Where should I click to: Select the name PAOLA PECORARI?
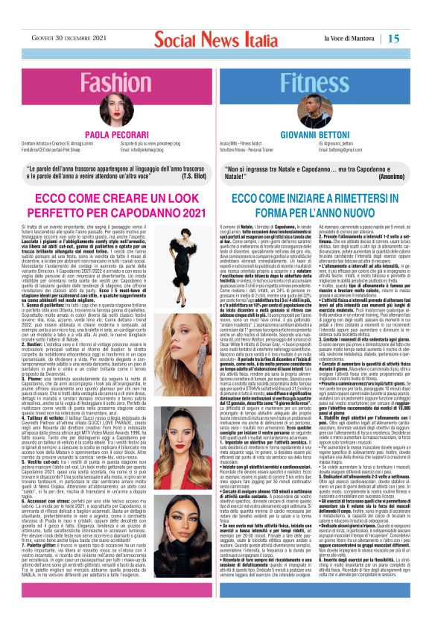click(x=109, y=134)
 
